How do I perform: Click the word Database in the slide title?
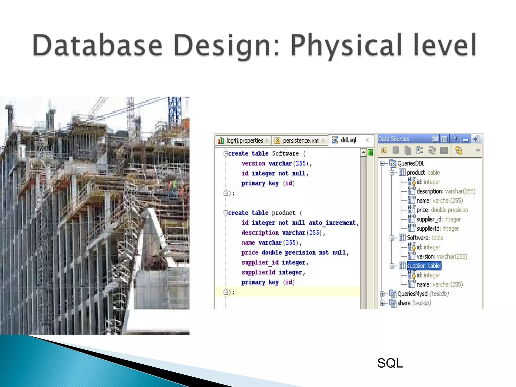[x=97, y=45]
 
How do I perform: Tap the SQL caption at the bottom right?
[x=390, y=363]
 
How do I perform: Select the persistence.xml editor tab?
[x=301, y=141]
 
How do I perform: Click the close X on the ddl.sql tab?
[x=367, y=140]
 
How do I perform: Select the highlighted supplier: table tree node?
[x=423, y=266]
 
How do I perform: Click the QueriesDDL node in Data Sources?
[x=411, y=164]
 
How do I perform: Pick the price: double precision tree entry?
[x=442, y=210]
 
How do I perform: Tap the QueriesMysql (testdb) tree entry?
[x=423, y=294]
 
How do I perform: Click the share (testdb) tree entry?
[x=414, y=303]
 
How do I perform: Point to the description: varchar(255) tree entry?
[x=445, y=191]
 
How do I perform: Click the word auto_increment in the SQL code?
[x=332, y=223]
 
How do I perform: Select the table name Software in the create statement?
[x=285, y=153]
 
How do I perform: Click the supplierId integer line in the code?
[x=273, y=272]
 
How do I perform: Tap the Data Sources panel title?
[x=394, y=139]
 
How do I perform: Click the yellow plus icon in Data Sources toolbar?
[x=384, y=150]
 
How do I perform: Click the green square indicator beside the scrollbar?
[x=370, y=152]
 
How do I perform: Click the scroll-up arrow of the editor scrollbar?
[x=363, y=152]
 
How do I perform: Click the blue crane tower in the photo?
[x=175, y=111]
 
